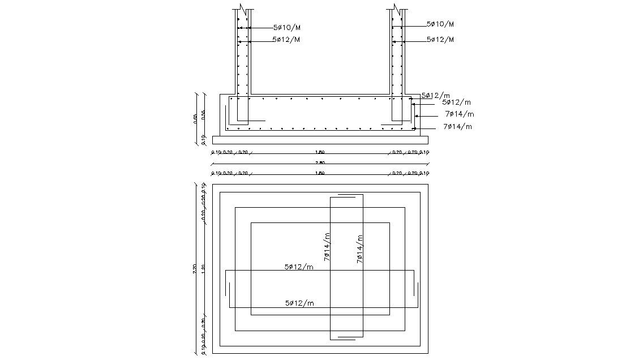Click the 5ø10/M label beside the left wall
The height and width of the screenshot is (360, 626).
[287, 27]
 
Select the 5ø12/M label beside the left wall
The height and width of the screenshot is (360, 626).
[286, 40]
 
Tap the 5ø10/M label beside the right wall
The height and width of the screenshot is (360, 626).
[440, 24]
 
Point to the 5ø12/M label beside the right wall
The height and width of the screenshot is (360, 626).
[440, 40]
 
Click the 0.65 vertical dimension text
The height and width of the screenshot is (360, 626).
[195, 118]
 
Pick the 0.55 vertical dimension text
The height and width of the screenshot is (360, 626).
[204, 114]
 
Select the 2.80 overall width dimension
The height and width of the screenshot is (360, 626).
[320, 163]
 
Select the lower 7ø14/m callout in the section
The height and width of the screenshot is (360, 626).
[457, 126]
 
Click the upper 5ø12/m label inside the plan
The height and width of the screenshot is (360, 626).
[299, 267]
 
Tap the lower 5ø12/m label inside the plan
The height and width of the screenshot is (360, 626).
[299, 303]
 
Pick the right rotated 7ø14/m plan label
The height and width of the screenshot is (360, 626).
[359, 249]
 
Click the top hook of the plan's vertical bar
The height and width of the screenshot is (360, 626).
[346, 196]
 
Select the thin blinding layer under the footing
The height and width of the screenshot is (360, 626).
[320, 140]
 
